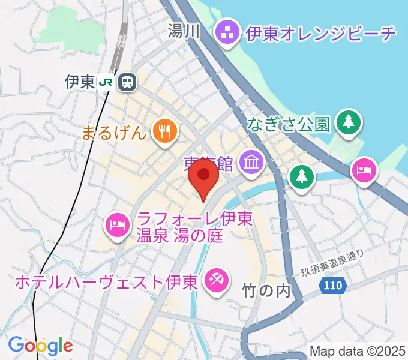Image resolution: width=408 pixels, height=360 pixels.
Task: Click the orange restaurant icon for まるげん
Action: [x=163, y=131]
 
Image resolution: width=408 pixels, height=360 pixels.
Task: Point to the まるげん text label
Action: [x=114, y=131]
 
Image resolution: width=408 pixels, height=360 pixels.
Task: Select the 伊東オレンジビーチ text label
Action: [x=321, y=32]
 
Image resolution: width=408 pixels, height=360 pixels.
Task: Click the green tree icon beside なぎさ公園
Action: [x=348, y=123]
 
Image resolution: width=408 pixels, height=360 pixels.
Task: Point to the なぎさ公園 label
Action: [x=288, y=124]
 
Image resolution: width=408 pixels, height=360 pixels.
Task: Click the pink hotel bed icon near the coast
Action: [x=364, y=171]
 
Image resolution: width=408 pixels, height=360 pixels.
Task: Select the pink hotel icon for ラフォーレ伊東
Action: [x=117, y=226]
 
